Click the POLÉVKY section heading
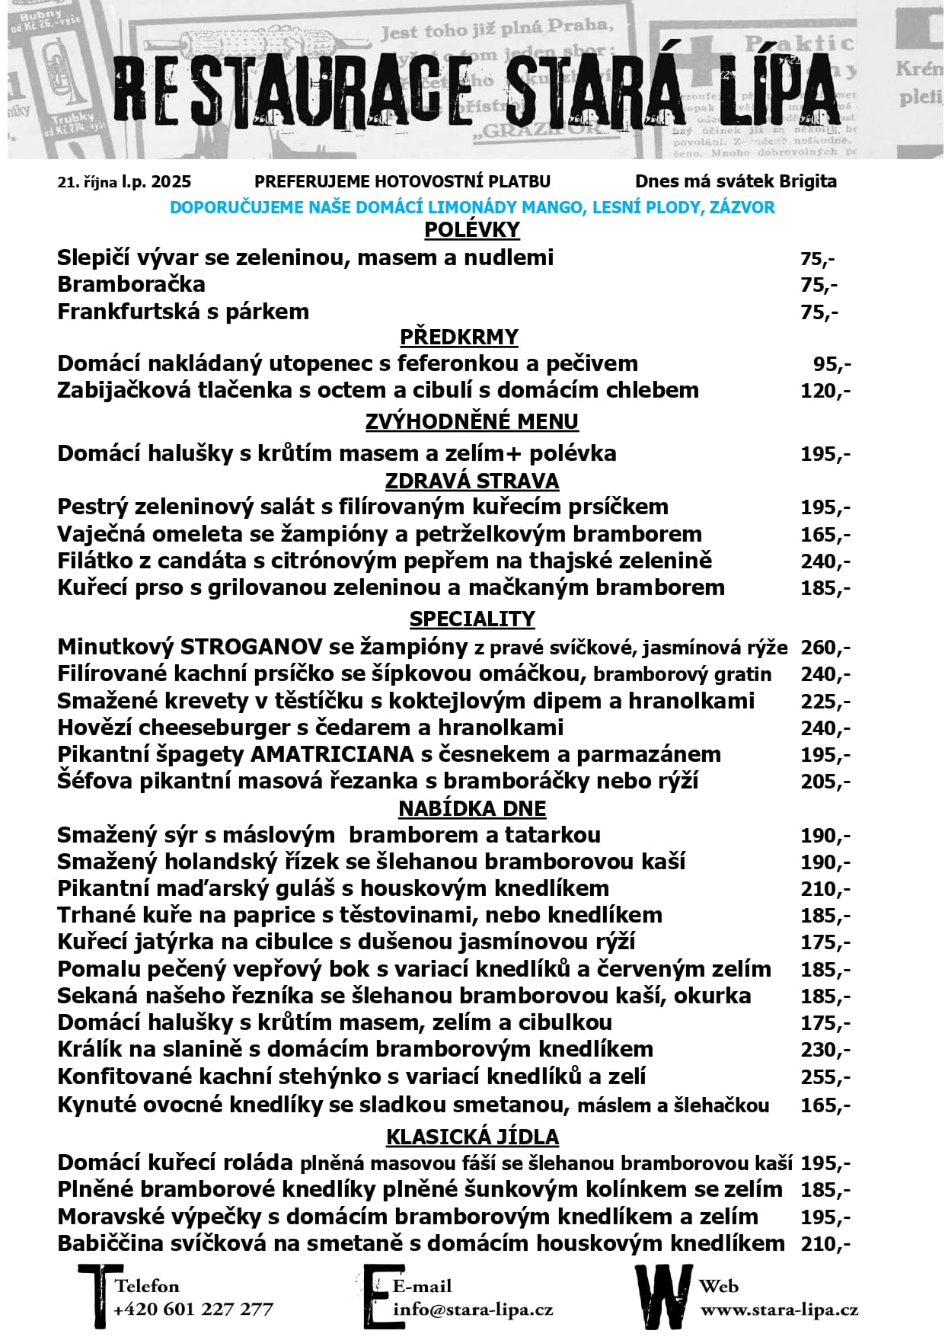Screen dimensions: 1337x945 click(x=471, y=230)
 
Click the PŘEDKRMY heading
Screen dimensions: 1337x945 click(x=458, y=337)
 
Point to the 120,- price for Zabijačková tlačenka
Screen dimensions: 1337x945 click(x=825, y=391)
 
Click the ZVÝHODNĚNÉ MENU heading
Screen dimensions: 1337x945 click(x=471, y=421)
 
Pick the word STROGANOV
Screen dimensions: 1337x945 click(x=251, y=648)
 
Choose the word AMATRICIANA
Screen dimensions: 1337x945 click(x=332, y=754)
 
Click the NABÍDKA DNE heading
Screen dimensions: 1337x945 click(x=472, y=808)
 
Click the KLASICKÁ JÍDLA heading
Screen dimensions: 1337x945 click(x=472, y=1137)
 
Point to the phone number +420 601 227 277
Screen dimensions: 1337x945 click(x=193, y=1310)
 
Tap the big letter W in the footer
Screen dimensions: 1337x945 click(x=663, y=1296)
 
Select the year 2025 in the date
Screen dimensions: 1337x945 click(x=171, y=182)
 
